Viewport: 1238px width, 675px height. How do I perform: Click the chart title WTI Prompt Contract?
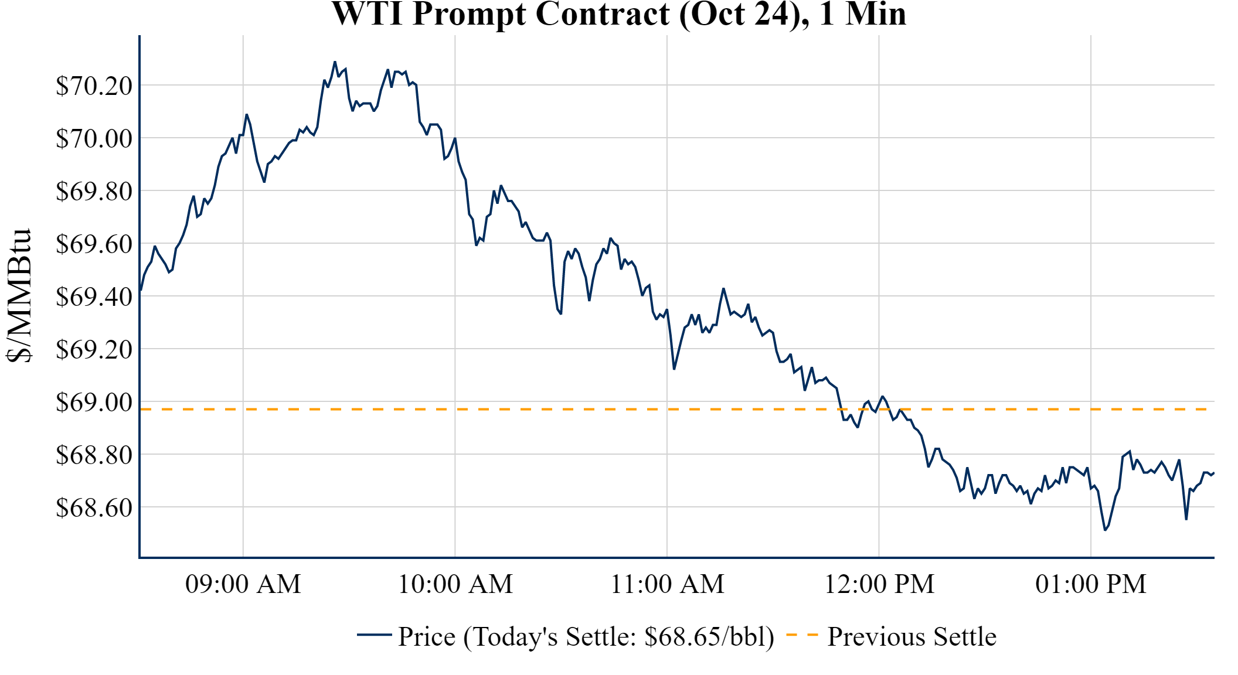(618, 14)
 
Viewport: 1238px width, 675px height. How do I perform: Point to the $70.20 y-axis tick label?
(94, 86)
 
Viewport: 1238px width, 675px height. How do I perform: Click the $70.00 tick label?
(94, 138)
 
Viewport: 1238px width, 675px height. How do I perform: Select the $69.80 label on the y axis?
(94, 191)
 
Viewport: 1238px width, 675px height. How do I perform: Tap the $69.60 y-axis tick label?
(94, 244)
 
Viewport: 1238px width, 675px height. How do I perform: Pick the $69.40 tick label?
(94, 296)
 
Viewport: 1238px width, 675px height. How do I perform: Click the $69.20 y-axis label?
(94, 349)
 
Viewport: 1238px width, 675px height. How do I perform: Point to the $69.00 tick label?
(94, 402)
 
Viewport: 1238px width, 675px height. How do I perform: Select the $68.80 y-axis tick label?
(94, 455)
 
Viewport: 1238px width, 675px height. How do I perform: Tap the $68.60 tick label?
(94, 507)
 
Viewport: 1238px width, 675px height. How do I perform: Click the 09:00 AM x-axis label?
(243, 584)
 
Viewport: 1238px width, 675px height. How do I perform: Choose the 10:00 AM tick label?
(455, 584)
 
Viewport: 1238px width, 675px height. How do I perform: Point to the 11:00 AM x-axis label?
(668, 584)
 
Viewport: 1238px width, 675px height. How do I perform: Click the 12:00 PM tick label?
(879, 584)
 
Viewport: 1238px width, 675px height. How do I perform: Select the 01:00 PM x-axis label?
(1091, 584)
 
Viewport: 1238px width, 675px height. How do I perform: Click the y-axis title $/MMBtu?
(19, 296)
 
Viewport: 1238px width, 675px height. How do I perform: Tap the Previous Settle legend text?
(912, 637)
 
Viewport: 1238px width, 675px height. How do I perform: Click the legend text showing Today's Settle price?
(586, 637)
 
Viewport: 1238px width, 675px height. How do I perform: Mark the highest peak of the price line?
(335, 62)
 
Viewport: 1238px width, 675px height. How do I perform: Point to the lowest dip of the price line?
(1105, 530)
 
